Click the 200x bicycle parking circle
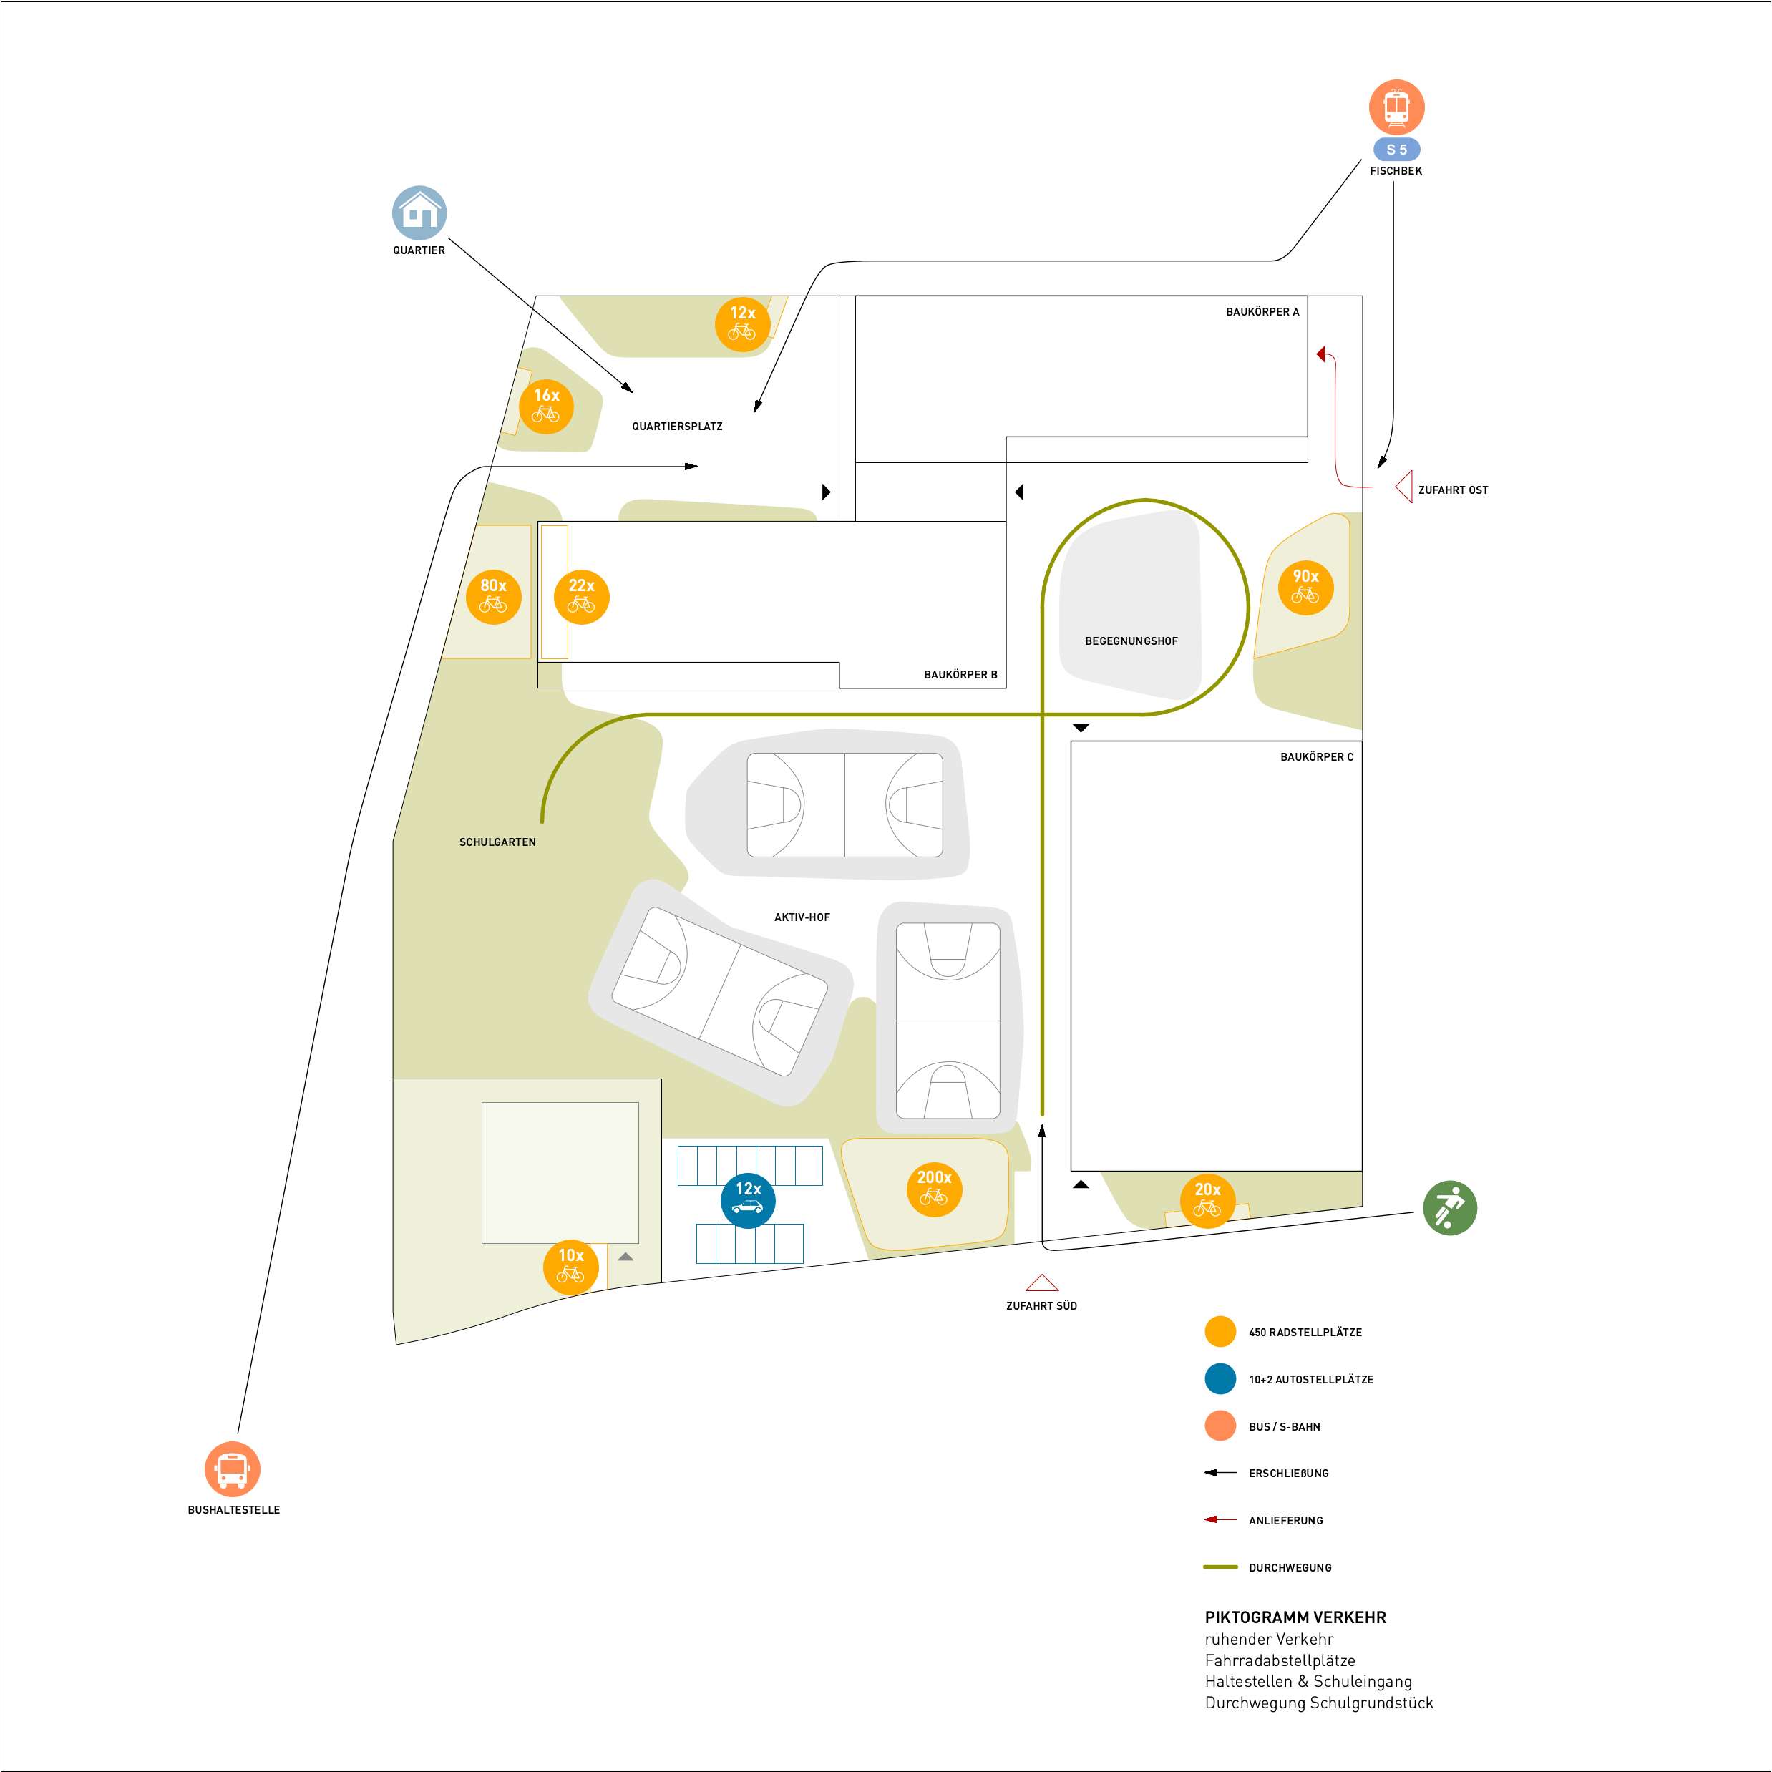pyautogui.click(x=934, y=1189)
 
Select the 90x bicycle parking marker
pyautogui.click(x=1305, y=587)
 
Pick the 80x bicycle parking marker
pyautogui.click(x=493, y=596)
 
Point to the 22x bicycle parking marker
pyautogui.click(x=582, y=596)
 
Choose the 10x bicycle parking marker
pyautogui.click(x=570, y=1267)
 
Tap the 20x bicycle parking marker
pyautogui.click(x=1207, y=1201)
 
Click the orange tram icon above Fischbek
pyautogui.click(x=1396, y=107)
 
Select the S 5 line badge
pyautogui.click(x=1396, y=150)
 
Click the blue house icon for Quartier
pyautogui.click(x=419, y=213)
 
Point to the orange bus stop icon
pyautogui.click(x=232, y=1469)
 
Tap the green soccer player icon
pyautogui.click(x=1449, y=1207)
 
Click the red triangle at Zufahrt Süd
pyautogui.click(x=1042, y=1282)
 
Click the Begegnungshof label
pyautogui.click(x=1131, y=641)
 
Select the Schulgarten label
pyautogui.click(x=497, y=842)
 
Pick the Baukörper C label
pyautogui.click(x=1316, y=756)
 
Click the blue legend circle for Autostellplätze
pyautogui.click(x=1220, y=1378)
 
